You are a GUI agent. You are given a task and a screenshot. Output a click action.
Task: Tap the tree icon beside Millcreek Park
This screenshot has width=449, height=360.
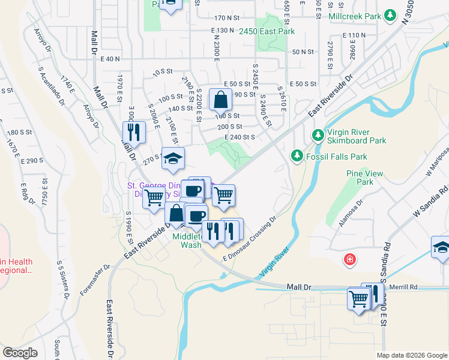coord(390,14)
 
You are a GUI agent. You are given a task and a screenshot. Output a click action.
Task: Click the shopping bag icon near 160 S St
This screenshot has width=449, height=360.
coord(220,98)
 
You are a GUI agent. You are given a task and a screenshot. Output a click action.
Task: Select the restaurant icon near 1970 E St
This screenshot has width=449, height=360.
coord(134,131)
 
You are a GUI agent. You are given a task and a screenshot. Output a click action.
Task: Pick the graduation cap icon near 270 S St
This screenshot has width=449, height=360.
coord(173,158)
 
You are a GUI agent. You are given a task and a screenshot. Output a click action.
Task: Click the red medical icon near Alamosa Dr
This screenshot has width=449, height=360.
coord(349,260)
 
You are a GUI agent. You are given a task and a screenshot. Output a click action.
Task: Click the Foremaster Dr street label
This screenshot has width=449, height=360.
coord(95,280)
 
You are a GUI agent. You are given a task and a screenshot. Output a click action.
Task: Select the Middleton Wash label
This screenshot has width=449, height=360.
coord(190,241)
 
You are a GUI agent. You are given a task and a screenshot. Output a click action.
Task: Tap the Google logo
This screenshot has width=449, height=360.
coord(20,352)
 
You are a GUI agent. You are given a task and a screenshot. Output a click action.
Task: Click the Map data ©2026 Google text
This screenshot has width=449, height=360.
coord(412,355)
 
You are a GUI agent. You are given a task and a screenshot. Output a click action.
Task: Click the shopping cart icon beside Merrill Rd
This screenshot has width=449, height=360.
coord(358,298)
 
